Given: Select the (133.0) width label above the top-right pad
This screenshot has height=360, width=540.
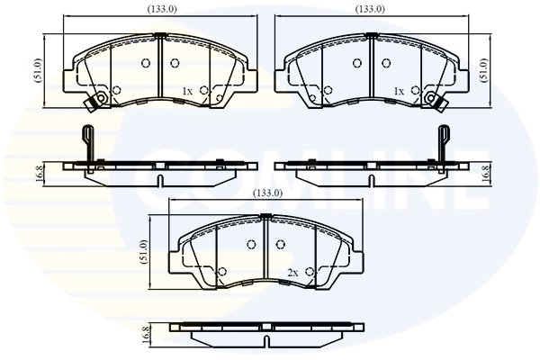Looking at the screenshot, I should click(370, 9).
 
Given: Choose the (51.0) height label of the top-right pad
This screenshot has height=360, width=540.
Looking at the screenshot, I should click(487, 70).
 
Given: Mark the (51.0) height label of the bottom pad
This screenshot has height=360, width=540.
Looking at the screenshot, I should click(144, 251).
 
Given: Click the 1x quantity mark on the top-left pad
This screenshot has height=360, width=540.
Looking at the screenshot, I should click(187, 92).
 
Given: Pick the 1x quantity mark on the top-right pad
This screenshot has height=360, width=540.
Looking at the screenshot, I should click(398, 92).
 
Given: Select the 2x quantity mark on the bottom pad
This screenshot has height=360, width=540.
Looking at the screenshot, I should click(292, 272).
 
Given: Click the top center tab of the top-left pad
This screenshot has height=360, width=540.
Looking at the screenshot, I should click(159, 36).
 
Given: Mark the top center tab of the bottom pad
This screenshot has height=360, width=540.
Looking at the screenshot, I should click(265, 216).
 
